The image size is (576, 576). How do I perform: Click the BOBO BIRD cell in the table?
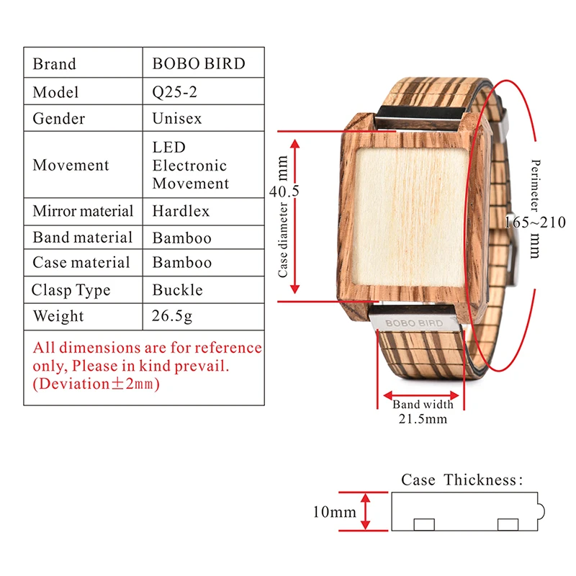pos(198,63)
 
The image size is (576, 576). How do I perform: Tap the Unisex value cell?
pos(177,118)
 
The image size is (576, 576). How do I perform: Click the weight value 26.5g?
pos(172,316)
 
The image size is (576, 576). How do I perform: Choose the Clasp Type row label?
pos(71,290)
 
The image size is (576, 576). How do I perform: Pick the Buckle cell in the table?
pos(177,290)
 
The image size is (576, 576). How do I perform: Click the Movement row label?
pos(71,165)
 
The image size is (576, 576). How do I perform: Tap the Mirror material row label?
pos(83,212)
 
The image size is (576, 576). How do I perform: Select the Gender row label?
pos(58,118)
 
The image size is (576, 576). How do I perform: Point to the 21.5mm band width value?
pos(423,418)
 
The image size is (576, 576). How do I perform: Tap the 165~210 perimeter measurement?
pos(534,222)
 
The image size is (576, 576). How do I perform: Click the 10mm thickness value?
pos(334,513)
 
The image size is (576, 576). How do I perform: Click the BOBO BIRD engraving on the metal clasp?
pos(413,323)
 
